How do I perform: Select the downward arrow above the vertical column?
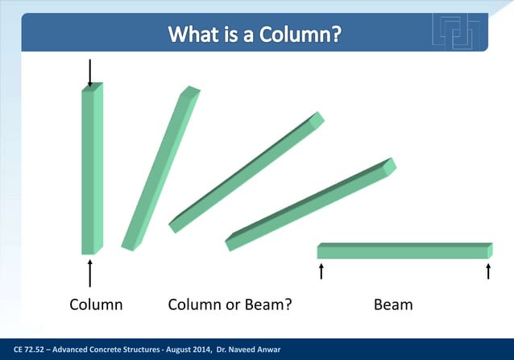point(89,72)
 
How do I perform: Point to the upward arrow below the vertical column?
point(89,273)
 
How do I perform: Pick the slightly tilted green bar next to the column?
point(160,169)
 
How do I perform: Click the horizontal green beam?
point(404,250)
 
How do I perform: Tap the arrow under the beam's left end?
point(321,271)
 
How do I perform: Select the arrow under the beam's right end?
point(489,271)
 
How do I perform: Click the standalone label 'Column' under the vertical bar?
point(95,305)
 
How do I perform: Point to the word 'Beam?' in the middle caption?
point(267,305)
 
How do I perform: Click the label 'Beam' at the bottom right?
point(393,305)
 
